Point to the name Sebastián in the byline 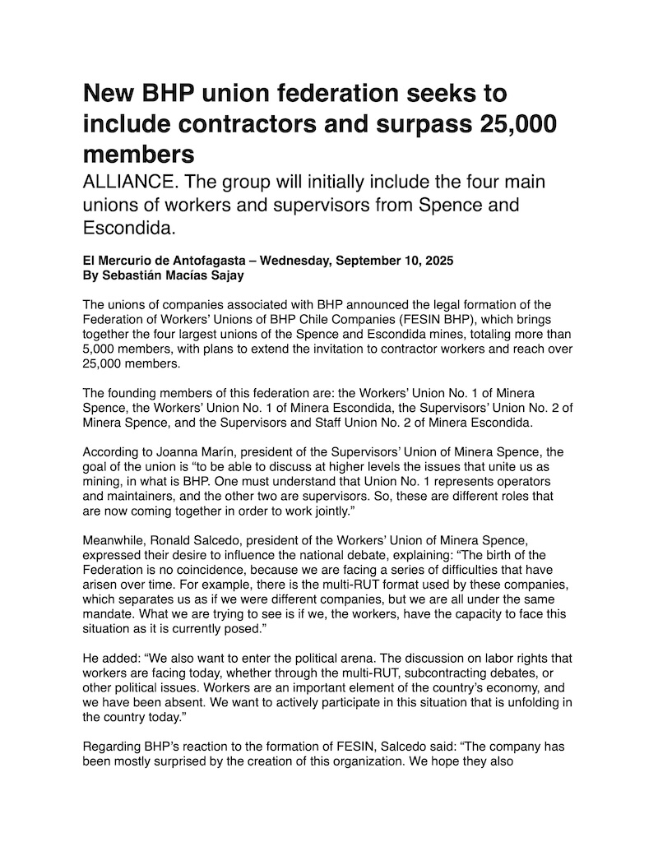(133, 275)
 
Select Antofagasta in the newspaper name (193, 261)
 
